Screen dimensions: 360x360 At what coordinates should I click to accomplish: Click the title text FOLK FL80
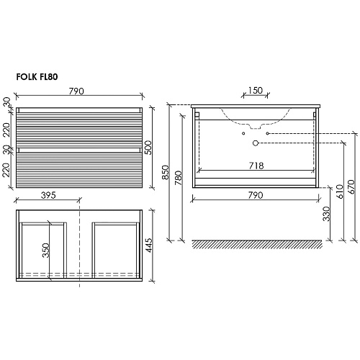click(x=37, y=77)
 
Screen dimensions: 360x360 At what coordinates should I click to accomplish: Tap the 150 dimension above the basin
click(x=256, y=91)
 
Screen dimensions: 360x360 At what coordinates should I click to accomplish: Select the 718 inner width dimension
click(x=256, y=166)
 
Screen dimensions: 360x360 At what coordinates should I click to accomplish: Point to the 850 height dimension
click(x=166, y=172)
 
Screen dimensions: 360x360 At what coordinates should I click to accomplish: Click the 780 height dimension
click(x=179, y=178)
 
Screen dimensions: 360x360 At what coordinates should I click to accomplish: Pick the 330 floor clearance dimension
click(x=327, y=214)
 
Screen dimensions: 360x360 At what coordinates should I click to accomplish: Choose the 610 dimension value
click(x=340, y=192)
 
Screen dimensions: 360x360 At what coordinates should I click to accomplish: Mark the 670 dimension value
click(x=351, y=187)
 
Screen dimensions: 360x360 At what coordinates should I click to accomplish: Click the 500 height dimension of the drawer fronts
click(x=148, y=148)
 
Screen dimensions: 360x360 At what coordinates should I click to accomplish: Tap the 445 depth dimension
click(x=149, y=245)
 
